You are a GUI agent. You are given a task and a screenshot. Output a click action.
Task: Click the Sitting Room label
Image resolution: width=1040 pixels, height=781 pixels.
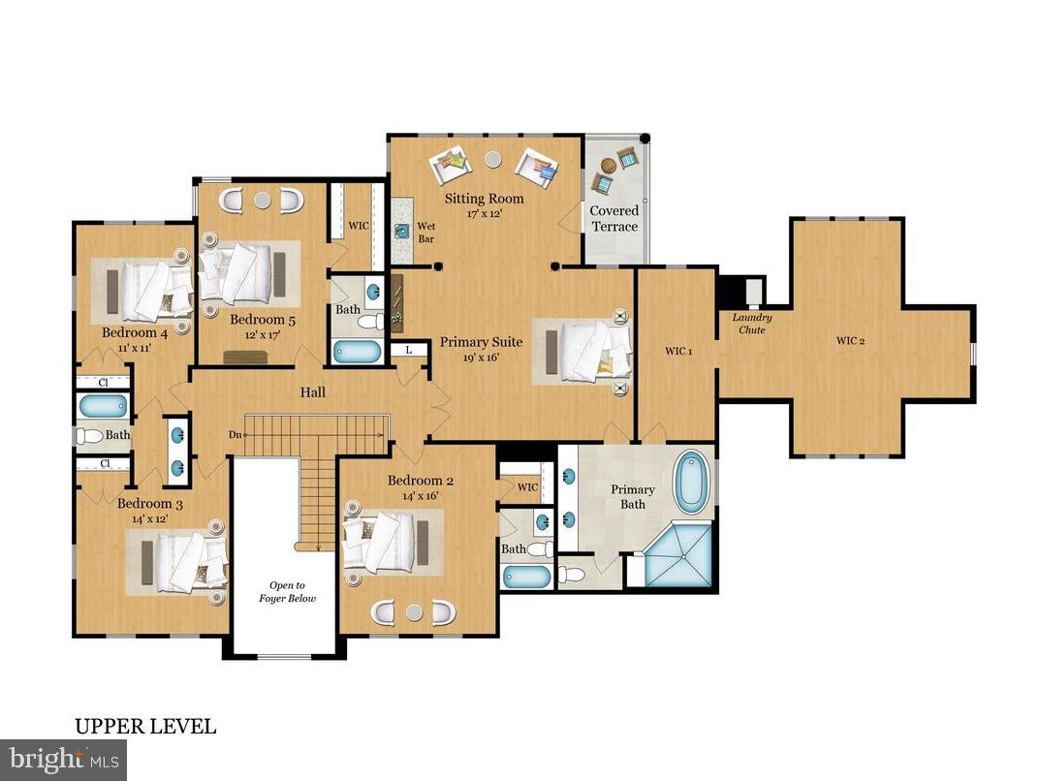484,199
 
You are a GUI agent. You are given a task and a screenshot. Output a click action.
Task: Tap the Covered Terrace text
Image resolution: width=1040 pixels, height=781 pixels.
615,218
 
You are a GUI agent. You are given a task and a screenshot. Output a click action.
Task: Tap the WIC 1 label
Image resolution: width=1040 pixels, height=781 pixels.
677,351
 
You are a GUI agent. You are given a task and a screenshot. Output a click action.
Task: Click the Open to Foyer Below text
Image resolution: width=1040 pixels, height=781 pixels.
287,591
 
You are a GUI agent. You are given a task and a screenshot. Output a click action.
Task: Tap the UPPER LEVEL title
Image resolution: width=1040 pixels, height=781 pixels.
145,726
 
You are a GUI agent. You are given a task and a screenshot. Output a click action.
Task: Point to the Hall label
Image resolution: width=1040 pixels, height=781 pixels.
312,392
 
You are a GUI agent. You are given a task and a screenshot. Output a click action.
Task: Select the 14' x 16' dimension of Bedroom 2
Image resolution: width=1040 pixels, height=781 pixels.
421,495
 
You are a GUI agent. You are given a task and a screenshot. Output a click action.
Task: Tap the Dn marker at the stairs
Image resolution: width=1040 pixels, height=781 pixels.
234,435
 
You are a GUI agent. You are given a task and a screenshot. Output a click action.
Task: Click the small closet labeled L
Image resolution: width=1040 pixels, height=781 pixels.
410,348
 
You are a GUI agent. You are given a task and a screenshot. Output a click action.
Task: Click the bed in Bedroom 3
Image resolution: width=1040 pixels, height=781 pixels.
184,561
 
